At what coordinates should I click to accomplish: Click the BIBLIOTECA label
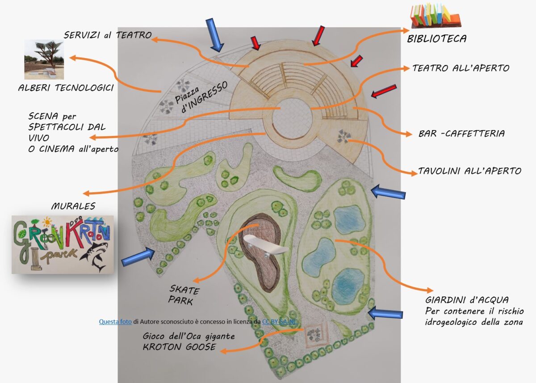(x=436, y=39)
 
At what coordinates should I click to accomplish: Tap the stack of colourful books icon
(x=435, y=16)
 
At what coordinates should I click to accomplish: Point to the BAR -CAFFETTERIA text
(x=461, y=134)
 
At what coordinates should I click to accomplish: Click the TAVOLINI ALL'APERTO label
(x=469, y=171)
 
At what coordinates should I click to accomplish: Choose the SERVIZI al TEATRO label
(x=108, y=35)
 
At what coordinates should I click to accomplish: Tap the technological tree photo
(x=44, y=59)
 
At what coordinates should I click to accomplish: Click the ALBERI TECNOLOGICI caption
(x=65, y=88)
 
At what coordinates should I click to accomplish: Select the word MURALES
(x=73, y=206)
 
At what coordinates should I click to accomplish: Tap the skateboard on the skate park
(x=266, y=245)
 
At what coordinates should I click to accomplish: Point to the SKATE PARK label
(x=184, y=295)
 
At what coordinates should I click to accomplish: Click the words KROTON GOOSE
(x=176, y=347)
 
